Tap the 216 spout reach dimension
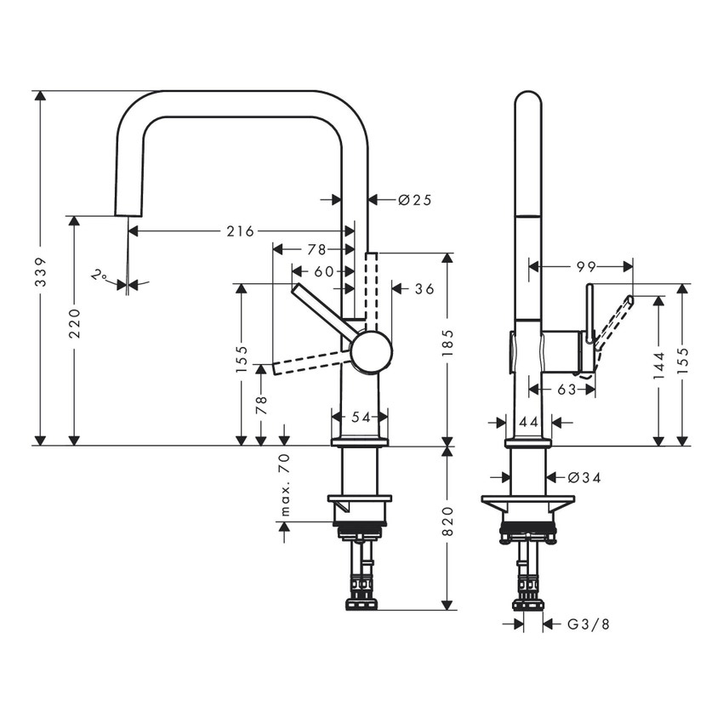(x=240, y=231)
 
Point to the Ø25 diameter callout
(x=415, y=200)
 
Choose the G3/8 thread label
(x=589, y=624)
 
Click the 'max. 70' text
(x=285, y=486)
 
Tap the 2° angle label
(x=100, y=276)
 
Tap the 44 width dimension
(x=529, y=421)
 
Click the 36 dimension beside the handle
(x=424, y=289)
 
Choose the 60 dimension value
(x=323, y=271)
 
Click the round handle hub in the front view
(x=371, y=352)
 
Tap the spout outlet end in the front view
(x=127, y=209)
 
